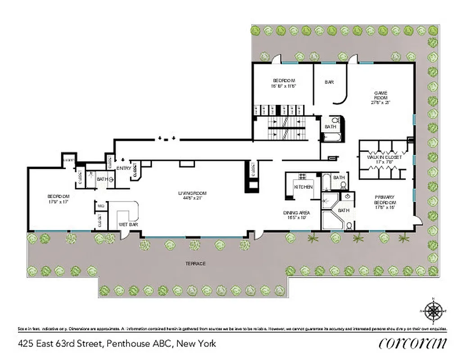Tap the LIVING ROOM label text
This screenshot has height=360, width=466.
(189, 193)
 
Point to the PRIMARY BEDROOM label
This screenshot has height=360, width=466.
(384, 199)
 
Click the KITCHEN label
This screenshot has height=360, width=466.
(303, 187)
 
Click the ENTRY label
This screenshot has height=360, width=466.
(123, 168)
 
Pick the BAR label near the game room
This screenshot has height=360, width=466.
(329, 82)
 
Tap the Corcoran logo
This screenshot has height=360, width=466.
(413, 343)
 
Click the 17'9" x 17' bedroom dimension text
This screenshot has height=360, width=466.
(59, 202)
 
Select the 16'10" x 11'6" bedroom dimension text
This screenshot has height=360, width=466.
(283, 85)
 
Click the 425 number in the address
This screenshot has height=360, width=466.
(26, 344)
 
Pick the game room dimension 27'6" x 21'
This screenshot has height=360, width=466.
(380, 103)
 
